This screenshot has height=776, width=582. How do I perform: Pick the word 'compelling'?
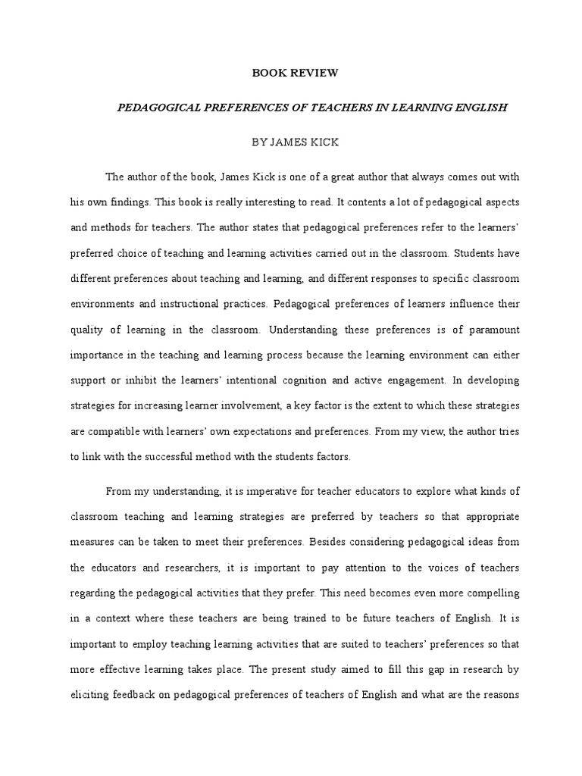pyautogui.click(x=492, y=591)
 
